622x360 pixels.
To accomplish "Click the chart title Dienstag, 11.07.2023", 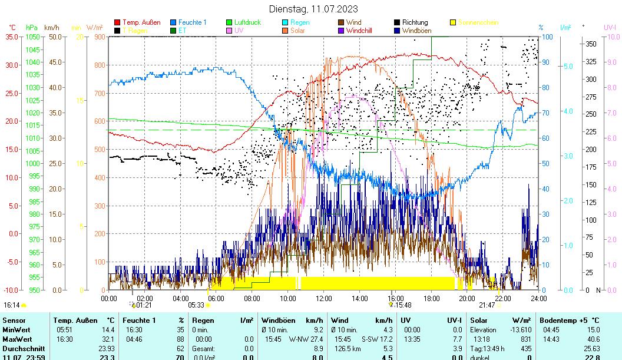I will pyautogui.click(x=313, y=9).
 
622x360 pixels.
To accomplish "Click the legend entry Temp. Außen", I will pyautogui.click(x=141, y=22).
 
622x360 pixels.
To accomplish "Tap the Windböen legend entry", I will pyautogui.click(x=416, y=31).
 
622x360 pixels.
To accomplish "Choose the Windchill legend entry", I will pyautogui.click(x=363, y=31).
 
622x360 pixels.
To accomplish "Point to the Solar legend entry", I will pyautogui.click(x=297, y=31).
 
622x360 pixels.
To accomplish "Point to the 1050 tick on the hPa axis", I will pyautogui.click(x=32, y=37).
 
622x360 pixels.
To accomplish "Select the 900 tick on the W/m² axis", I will pyautogui.click(x=99, y=37).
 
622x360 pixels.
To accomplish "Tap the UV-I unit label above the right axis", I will pyautogui.click(x=610, y=27).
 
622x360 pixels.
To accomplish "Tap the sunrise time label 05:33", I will pyautogui.click(x=196, y=305).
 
